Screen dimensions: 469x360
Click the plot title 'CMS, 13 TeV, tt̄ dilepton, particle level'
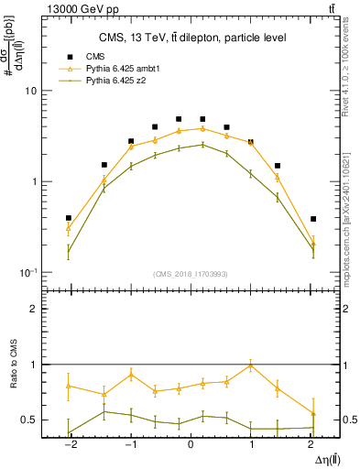[x=191, y=38]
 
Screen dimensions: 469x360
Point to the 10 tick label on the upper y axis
[x=30, y=91]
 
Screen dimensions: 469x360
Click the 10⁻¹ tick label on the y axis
[x=27, y=273]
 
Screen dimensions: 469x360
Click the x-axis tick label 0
[x=191, y=444]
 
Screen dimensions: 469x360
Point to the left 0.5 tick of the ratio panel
[x=31, y=420]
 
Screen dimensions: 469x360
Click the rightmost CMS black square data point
[x=313, y=219]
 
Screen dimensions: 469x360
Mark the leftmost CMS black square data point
[x=69, y=218]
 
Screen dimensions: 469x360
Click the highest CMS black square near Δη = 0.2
[x=202, y=118]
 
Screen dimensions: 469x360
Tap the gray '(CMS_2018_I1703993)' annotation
[x=191, y=274]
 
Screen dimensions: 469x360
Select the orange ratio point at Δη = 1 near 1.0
[x=251, y=365]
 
